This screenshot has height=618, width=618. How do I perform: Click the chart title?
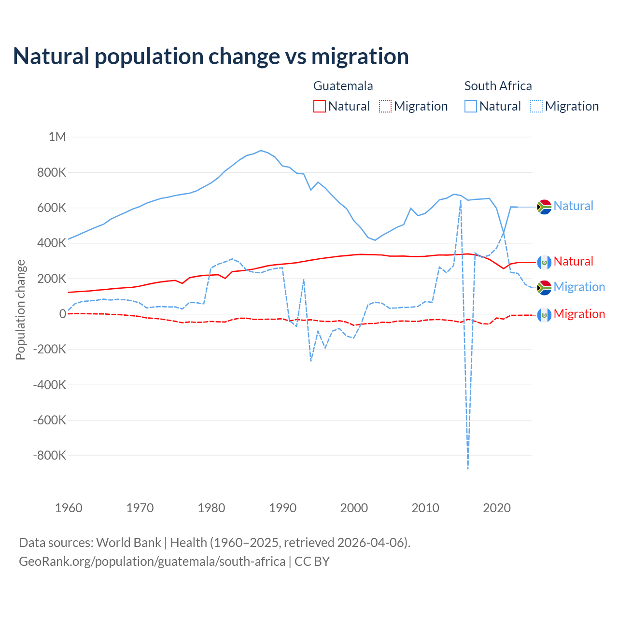click(211, 56)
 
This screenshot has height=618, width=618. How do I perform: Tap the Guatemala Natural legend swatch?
click(319, 106)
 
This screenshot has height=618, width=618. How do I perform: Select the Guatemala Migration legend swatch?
click(385, 106)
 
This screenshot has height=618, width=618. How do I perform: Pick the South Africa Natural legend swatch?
click(470, 106)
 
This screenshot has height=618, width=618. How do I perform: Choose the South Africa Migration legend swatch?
click(536, 106)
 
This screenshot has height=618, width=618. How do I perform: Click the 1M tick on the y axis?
click(57, 137)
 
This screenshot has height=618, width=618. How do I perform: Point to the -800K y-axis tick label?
click(49, 455)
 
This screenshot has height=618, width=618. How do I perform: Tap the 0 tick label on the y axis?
click(62, 314)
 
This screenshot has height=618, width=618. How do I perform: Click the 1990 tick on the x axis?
click(283, 508)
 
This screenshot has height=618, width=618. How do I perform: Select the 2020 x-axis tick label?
click(497, 508)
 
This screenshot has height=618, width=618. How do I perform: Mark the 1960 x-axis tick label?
click(69, 508)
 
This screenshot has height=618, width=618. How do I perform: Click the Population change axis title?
click(20, 309)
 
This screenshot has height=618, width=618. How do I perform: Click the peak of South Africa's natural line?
click(261, 151)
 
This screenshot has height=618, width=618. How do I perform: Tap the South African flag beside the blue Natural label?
click(544, 207)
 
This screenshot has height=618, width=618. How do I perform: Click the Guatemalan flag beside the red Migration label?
click(544, 315)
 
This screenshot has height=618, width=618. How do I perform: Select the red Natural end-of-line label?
click(573, 261)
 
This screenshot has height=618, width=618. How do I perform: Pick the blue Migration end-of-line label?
click(579, 287)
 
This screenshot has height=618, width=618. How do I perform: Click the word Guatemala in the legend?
click(343, 86)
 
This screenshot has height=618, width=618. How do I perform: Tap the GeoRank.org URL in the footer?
click(152, 562)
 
